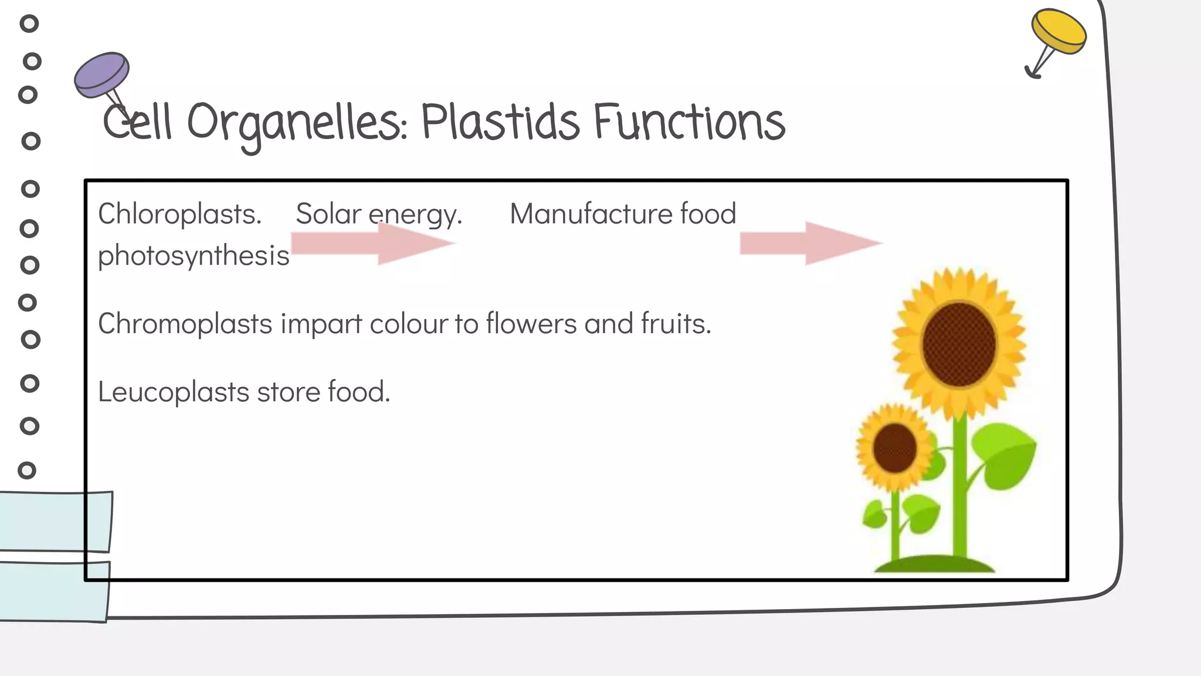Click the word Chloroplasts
point(179,214)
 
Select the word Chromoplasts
point(185,324)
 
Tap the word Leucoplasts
point(174,392)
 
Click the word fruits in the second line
point(676,324)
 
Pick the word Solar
point(328,214)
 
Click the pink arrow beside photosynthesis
point(373,243)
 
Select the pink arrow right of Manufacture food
point(811,243)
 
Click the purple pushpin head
point(102,74)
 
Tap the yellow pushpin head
point(1058,31)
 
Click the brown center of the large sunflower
point(959,345)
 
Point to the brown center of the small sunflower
point(894,448)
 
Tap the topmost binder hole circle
point(29,23)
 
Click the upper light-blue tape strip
point(56,521)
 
